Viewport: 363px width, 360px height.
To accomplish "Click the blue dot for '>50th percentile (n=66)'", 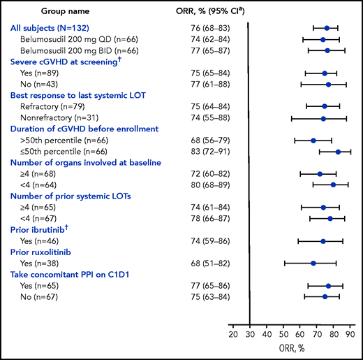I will coord(313,141).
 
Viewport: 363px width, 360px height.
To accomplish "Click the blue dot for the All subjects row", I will coord(327,28).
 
